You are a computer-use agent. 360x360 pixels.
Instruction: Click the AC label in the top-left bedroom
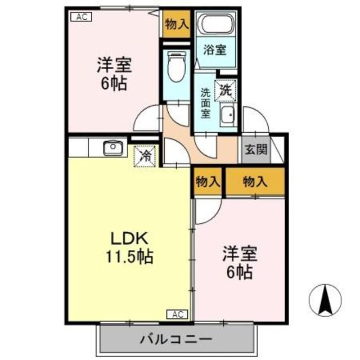click(x=81, y=17)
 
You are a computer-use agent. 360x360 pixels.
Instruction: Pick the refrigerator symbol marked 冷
click(x=145, y=155)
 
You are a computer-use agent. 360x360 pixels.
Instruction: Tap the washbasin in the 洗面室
click(x=228, y=115)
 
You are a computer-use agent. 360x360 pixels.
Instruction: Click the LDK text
click(x=129, y=238)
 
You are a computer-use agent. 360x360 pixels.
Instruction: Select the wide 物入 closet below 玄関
click(x=255, y=181)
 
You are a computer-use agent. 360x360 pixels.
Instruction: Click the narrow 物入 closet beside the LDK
click(x=207, y=181)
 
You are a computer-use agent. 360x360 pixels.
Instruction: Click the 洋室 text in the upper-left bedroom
click(x=114, y=66)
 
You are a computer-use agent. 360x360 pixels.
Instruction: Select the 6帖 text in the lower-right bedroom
click(x=240, y=273)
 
